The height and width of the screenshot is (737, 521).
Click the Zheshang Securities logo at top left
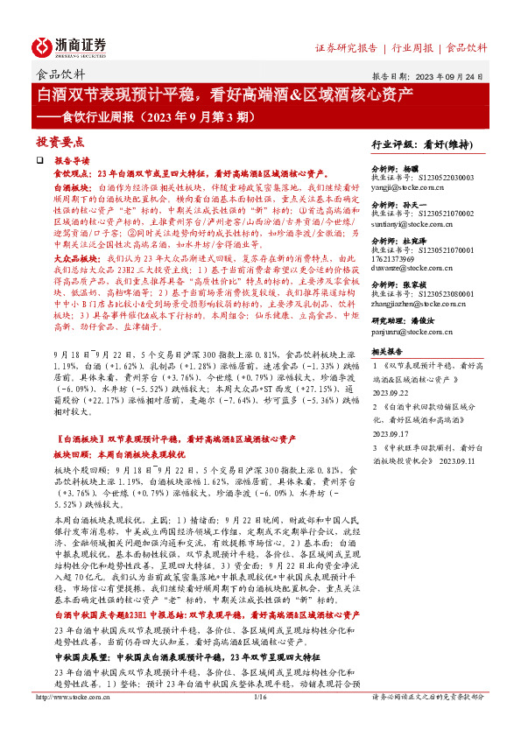[x=71, y=47]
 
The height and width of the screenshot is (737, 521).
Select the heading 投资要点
[x=60, y=140]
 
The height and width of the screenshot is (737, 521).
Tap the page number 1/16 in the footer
[x=259, y=721]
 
